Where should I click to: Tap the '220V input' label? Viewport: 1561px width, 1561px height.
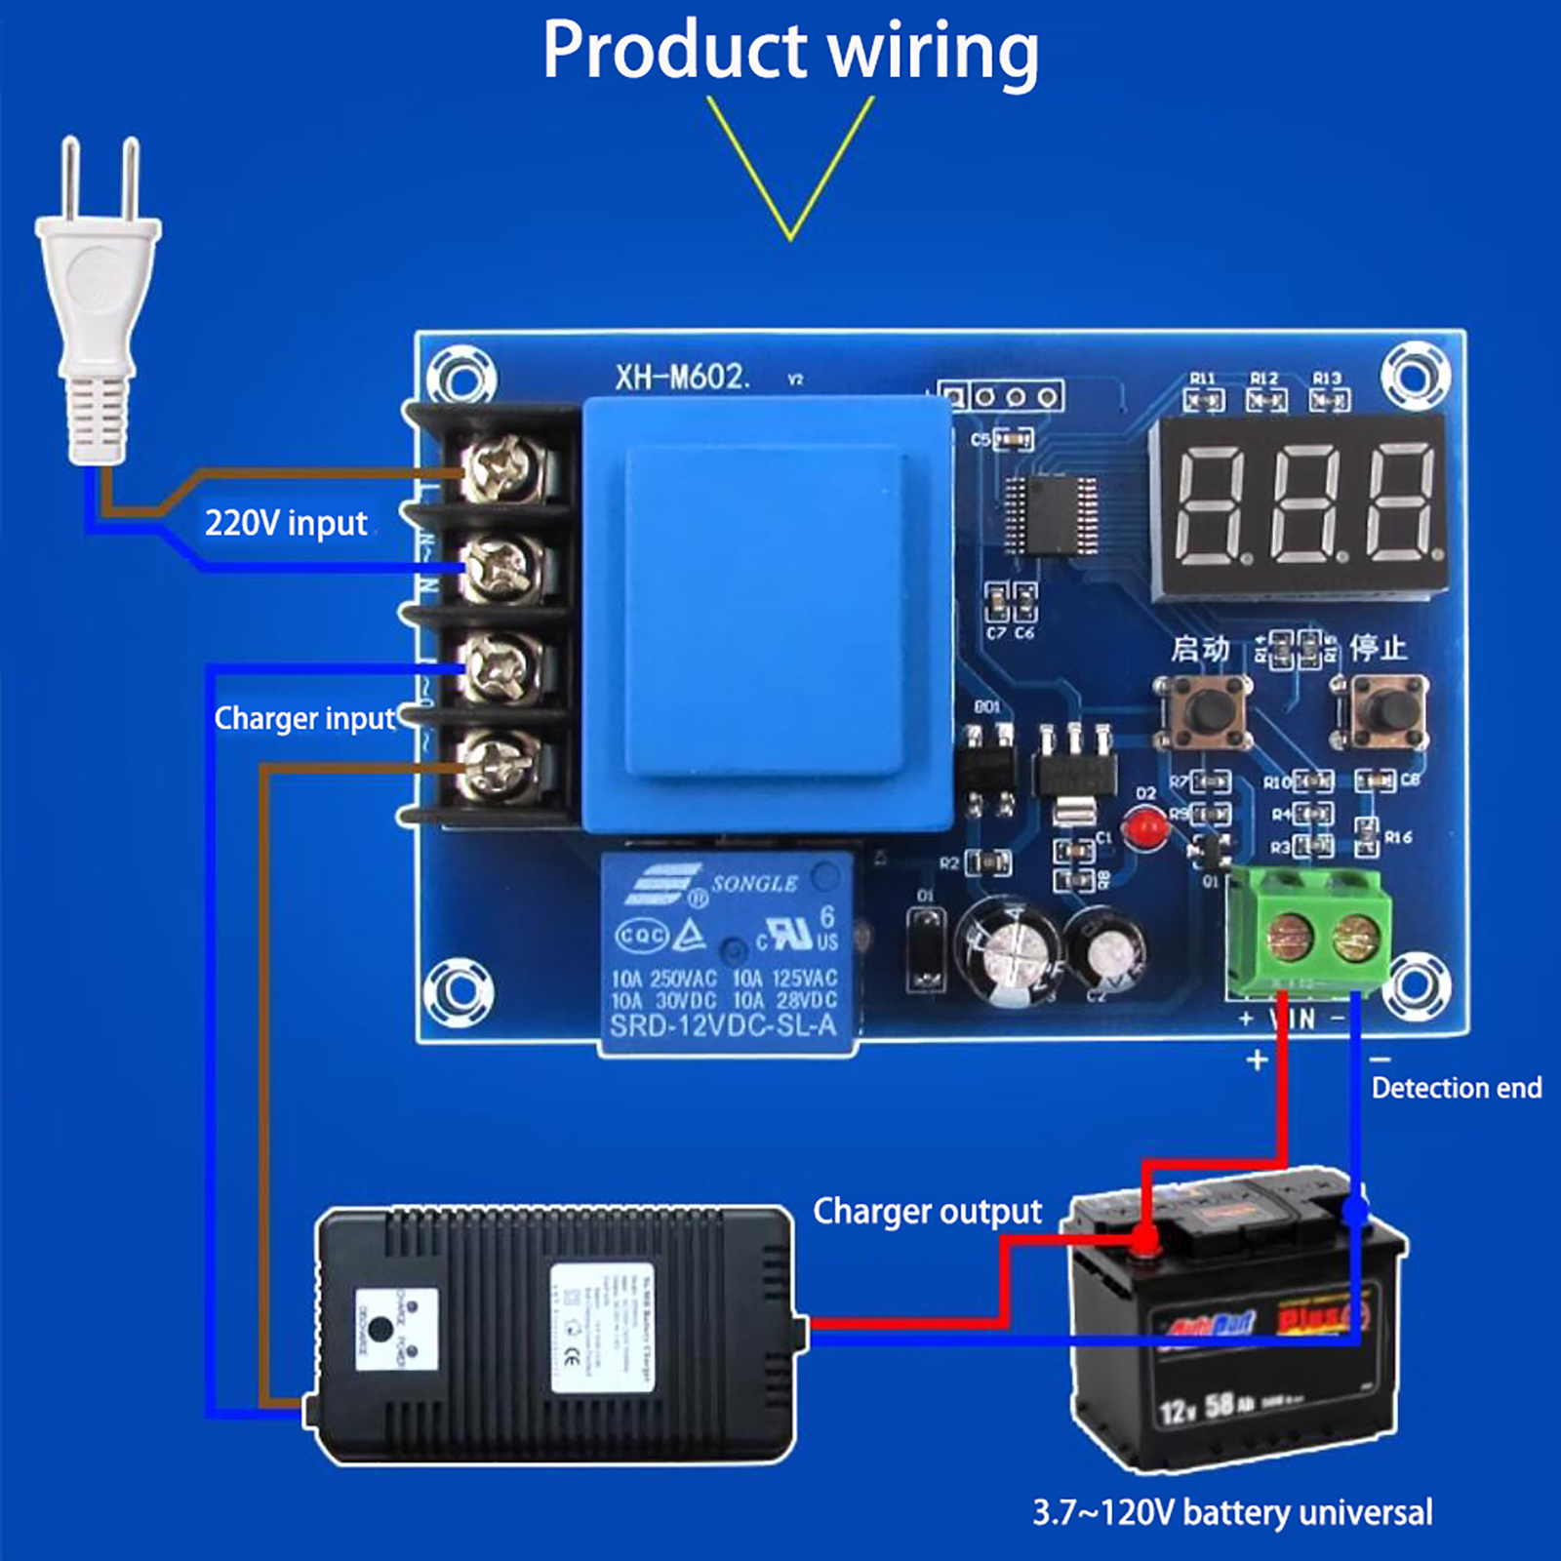285,524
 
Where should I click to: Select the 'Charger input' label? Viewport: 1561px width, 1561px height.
304,719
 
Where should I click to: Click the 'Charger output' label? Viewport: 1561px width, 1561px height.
927,1212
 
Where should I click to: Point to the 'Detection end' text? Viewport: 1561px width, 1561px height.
1456,1088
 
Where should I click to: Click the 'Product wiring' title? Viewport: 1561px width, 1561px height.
790,51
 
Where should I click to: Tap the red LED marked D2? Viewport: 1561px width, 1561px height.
1143,828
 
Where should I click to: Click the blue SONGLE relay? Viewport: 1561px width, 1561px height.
726,951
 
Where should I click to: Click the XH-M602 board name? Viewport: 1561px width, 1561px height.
681,378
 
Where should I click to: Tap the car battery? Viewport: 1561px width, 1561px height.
1239,1327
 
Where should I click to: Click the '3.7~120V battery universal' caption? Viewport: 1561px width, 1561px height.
1232,1513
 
